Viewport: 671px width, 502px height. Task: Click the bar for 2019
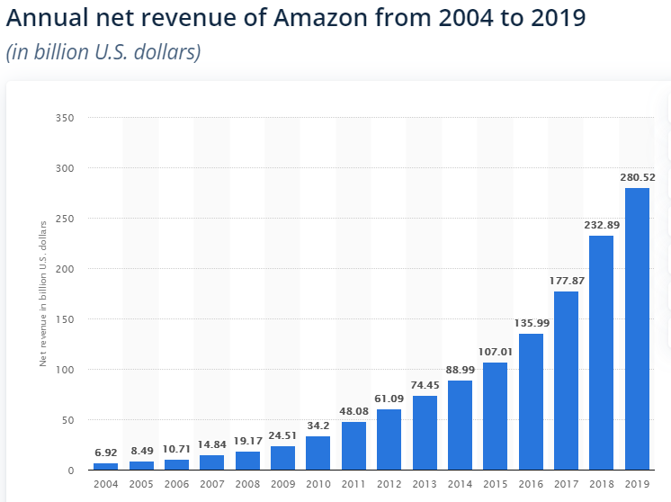pyautogui.click(x=637, y=329)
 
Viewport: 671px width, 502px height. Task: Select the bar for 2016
pyautogui.click(x=531, y=402)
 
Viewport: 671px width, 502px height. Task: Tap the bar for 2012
pyautogui.click(x=389, y=440)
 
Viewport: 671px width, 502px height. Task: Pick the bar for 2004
pyautogui.click(x=105, y=466)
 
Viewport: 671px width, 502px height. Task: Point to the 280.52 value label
pyautogui.click(x=637, y=177)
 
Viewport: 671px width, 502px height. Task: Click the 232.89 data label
pyautogui.click(x=602, y=224)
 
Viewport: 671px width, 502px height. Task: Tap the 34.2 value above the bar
pyautogui.click(x=318, y=426)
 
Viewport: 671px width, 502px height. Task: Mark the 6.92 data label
pyautogui.click(x=105, y=453)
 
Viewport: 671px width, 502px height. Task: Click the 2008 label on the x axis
pyautogui.click(x=247, y=485)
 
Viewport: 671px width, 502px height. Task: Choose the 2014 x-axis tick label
pyautogui.click(x=460, y=485)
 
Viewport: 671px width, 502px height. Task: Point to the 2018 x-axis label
pyautogui.click(x=602, y=485)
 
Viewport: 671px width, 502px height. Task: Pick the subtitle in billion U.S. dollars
pyautogui.click(x=103, y=52)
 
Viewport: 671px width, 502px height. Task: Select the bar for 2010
pyautogui.click(x=318, y=453)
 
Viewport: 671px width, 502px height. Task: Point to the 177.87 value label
pyautogui.click(x=567, y=281)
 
